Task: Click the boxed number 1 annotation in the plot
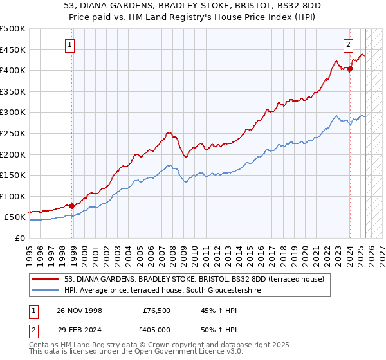point(69,44)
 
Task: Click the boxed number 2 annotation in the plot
point(348,44)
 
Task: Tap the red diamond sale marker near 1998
point(71,206)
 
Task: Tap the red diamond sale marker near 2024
point(350,69)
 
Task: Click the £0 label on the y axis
point(19,239)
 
